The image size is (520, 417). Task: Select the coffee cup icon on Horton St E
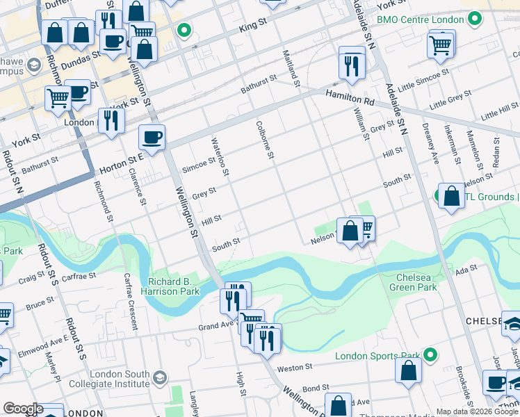point(152,138)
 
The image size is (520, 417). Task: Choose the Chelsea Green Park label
point(412,281)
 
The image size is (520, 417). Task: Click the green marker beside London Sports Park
point(430,356)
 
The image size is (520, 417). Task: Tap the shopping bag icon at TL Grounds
point(452,196)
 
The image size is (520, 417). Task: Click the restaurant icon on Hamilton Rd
point(352,64)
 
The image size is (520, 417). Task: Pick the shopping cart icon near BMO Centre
point(441,44)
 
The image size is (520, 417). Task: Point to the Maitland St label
point(291,67)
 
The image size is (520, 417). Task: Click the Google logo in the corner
point(22,409)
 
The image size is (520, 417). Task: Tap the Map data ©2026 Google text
point(477,411)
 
